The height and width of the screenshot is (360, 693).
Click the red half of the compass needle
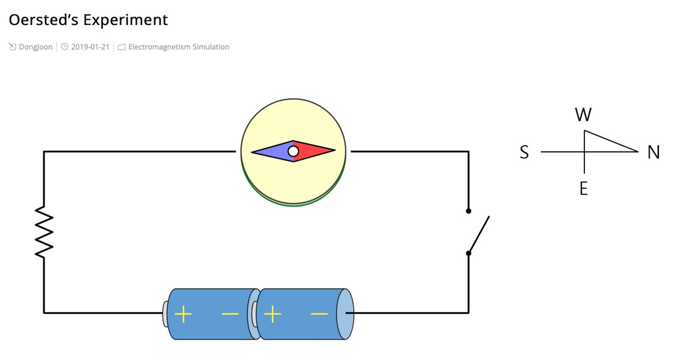pyautogui.click(x=315, y=151)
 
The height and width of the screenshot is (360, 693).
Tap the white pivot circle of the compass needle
pyautogui.click(x=293, y=151)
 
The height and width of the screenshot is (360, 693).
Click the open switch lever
pyautogui.click(x=479, y=234)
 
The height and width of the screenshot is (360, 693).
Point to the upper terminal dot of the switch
pyautogui.click(x=468, y=211)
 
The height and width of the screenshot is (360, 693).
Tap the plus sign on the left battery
pyautogui.click(x=182, y=314)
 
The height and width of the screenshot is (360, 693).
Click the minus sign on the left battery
pyautogui.click(x=230, y=314)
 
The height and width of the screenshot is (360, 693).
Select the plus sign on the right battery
pyautogui.click(x=272, y=314)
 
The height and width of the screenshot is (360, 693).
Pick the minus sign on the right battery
pyautogui.click(x=319, y=314)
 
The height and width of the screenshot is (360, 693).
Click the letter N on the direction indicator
pyautogui.click(x=653, y=152)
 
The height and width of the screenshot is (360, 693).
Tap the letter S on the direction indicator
pyautogui.click(x=524, y=152)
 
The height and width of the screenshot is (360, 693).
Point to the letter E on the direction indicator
pyautogui.click(x=584, y=188)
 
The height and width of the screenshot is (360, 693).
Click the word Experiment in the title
pyautogui.click(x=125, y=20)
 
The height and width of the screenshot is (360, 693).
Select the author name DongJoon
pyautogui.click(x=35, y=47)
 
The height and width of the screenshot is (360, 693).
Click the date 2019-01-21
pyautogui.click(x=90, y=47)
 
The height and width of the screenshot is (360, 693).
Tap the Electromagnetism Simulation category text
pyautogui.click(x=178, y=47)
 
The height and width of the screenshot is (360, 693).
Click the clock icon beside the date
pyautogui.click(x=65, y=47)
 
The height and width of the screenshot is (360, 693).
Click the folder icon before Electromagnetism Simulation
pyautogui.click(x=121, y=47)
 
